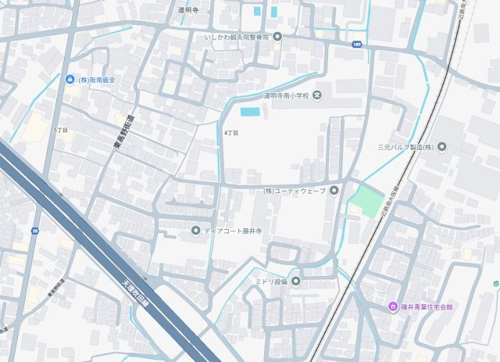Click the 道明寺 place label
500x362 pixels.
coord(189,9)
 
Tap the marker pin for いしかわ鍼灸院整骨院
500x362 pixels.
coord(277,37)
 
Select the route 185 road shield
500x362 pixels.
coord(357,45)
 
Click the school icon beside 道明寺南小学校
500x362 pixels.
coord(316,95)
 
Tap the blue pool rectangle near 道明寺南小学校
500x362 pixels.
coord(249,112)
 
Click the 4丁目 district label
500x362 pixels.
coord(230,133)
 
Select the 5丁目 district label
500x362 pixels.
coord(61,129)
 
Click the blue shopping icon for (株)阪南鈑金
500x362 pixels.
coord(70,80)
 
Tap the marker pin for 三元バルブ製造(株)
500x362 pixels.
coord(441,146)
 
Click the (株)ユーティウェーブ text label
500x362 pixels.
coord(294,191)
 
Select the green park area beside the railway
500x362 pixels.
coord(366,201)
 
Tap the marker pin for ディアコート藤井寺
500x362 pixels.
coord(195,230)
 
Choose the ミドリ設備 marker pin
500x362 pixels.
coord(296,281)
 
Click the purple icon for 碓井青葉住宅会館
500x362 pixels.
coord(394,306)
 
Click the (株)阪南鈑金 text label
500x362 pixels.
coord(96,80)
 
